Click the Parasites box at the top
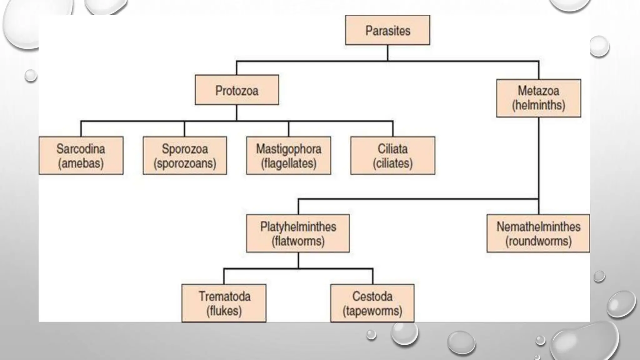pos(387,30)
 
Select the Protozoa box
pos(237,90)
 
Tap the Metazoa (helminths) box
pos(538,98)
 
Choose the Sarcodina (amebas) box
pos(81,155)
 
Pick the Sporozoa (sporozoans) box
pos(185,155)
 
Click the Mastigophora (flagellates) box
pos(288,155)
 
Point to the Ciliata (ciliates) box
pos(392,155)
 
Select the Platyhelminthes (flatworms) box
pos(298,233)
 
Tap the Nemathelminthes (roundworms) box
pos(538,233)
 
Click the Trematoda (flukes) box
pos(224,303)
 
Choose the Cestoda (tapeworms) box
pos(372,303)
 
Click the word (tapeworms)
pos(372,311)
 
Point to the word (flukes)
pos(224,311)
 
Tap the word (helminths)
pos(538,105)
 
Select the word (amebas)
pos(81,163)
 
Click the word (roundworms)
pos(538,241)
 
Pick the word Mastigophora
pos(288,149)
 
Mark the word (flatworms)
pos(298,241)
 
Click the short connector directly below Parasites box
pos(387,53)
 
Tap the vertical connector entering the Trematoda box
pos(224,276)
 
